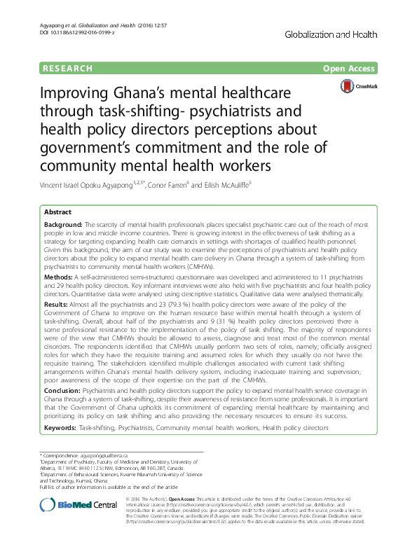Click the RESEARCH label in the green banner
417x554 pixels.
68,69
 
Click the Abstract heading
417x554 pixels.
57,212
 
